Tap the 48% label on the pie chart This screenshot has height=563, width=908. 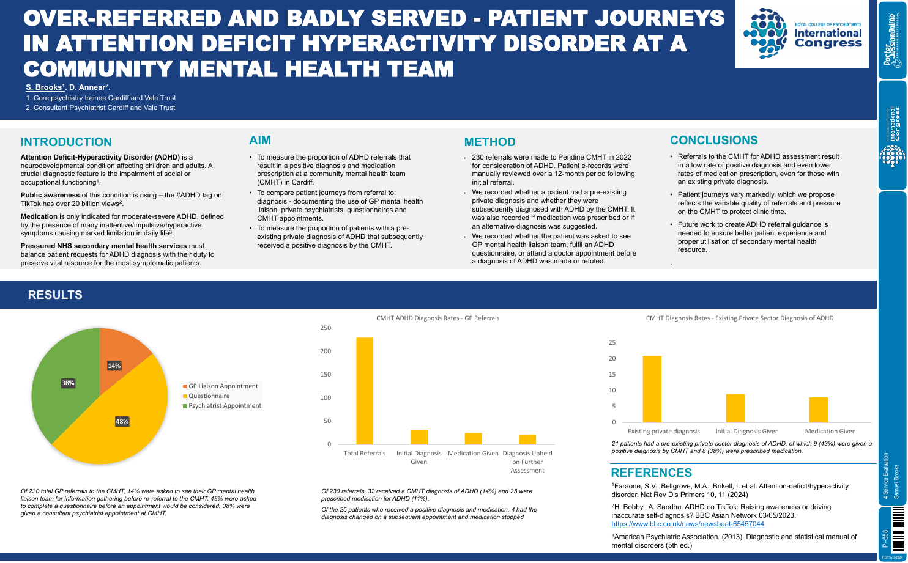[122, 421]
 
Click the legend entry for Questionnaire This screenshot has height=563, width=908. [209, 396]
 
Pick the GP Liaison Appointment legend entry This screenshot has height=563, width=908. [223, 386]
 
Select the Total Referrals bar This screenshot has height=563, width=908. [365, 391]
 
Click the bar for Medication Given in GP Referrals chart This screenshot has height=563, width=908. [473, 438]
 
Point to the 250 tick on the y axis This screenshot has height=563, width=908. [326, 328]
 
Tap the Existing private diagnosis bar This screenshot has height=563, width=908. [652, 389]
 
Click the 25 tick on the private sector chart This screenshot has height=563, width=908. [612, 343]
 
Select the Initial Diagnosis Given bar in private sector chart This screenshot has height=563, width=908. [735, 408]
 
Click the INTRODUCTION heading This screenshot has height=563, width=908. [66, 142]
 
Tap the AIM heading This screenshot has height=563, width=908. [260, 141]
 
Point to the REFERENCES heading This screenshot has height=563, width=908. [651, 473]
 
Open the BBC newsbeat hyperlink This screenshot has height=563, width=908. [688, 524]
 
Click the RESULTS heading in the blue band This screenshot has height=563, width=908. [55, 295]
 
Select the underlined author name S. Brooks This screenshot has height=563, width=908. [43, 87]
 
